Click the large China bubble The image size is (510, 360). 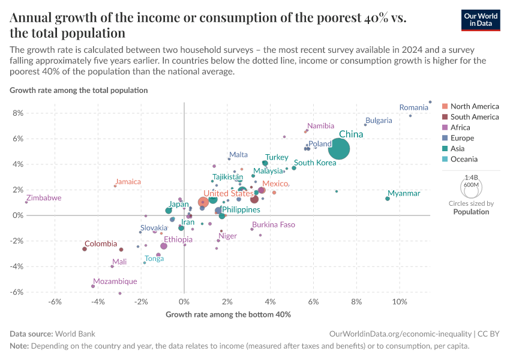tap(339, 149)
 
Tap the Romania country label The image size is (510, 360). tap(413, 107)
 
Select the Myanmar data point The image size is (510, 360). tap(388, 199)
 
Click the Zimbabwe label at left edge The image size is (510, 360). tap(43, 197)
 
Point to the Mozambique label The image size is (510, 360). tap(115, 281)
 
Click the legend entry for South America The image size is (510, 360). tap(474, 117)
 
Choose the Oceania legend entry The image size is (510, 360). tap(464, 159)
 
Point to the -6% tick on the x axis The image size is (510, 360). tap(55, 301)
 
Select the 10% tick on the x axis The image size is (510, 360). tap(399, 301)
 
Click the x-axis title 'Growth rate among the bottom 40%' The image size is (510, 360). tap(228, 314)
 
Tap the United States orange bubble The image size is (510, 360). tap(204, 202)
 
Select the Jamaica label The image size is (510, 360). tap(128, 181)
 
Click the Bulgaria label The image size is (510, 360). tap(379, 120)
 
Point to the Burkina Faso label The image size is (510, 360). tap(274, 224)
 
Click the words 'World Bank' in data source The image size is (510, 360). tap(75, 334)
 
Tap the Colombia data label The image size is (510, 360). tap(101, 244)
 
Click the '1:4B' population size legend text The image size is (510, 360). tap(471, 178)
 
